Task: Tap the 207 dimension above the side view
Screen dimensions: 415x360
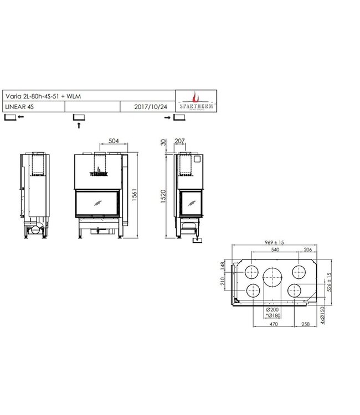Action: [x=179, y=141]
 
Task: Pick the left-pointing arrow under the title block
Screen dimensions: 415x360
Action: [x=20, y=117]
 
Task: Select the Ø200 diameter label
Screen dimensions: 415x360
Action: [x=272, y=310]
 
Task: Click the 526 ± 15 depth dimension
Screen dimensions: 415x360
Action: [x=330, y=282]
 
